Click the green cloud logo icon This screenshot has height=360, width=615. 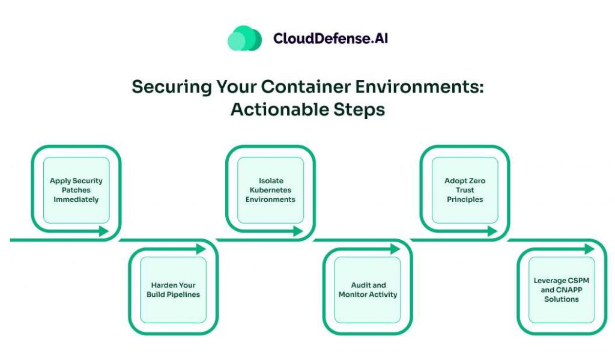[244, 38]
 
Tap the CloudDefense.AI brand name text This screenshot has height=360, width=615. [332, 38]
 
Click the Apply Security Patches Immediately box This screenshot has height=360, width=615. [76, 190]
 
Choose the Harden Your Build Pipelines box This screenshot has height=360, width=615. [173, 290]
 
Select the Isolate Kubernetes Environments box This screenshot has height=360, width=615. [270, 190]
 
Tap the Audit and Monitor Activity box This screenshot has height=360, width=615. [368, 290]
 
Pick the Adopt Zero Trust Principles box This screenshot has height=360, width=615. [465, 190]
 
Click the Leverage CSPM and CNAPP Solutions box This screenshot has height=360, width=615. [562, 290]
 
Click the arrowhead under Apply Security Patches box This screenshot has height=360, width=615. [104, 231]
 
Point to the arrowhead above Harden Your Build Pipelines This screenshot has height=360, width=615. [201, 249]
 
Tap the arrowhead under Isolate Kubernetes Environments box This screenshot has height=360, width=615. [298, 231]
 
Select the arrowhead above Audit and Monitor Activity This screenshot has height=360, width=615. [395, 249]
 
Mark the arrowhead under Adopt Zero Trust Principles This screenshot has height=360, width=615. [492, 231]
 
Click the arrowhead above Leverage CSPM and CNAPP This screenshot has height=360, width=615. [589, 249]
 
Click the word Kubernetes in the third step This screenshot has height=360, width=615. [270, 190]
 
